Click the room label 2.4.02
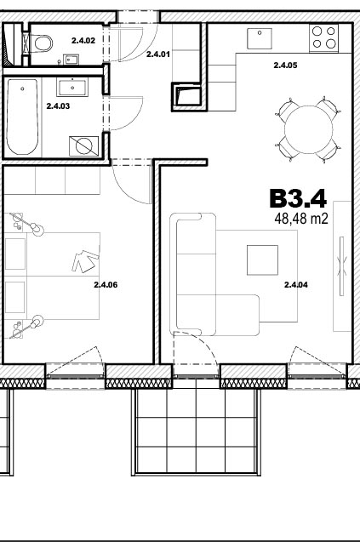tap(83, 41)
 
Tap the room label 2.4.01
tap(158, 54)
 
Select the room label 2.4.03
tap(58, 106)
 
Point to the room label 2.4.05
tap(285, 65)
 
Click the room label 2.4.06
tap(106, 285)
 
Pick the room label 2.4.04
tap(295, 285)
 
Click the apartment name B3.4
tap(298, 198)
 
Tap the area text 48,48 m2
tap(301, 219)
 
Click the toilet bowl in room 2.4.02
tap(43, 43)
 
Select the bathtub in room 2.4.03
tap(22, 117)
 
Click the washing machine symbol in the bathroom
tap(83, 145)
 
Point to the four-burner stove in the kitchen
tap(324, 38)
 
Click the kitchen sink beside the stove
tap(260, 38)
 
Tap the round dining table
tap(308, 129)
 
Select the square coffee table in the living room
tap(262, 260)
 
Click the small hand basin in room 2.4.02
tap(71, 60)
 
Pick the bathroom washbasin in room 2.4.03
tap(72, 87)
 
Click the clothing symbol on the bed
tap(85, 261)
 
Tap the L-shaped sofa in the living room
tap(214, 274)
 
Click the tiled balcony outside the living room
tap(196, 431)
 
